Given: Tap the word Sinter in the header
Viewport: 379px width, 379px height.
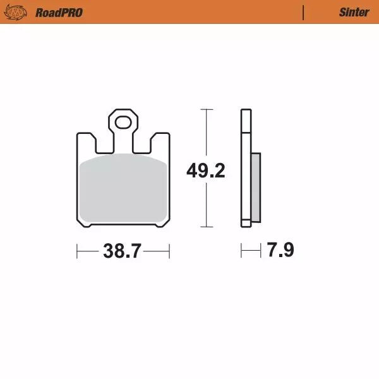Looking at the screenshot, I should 354,12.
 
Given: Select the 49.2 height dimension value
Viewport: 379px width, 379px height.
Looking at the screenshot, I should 205,171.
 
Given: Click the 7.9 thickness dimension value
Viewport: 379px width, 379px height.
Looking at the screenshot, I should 280,251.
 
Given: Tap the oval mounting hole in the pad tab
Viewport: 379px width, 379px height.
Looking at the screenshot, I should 123,121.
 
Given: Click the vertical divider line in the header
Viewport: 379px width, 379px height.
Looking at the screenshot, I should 304,12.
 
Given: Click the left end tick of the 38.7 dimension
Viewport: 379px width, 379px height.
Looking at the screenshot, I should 76,251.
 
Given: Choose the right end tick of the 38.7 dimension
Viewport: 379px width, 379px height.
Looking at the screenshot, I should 170,251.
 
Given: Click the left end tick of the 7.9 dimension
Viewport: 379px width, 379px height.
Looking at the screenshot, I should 241,251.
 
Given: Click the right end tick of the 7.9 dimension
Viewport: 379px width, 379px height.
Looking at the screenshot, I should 260,251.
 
